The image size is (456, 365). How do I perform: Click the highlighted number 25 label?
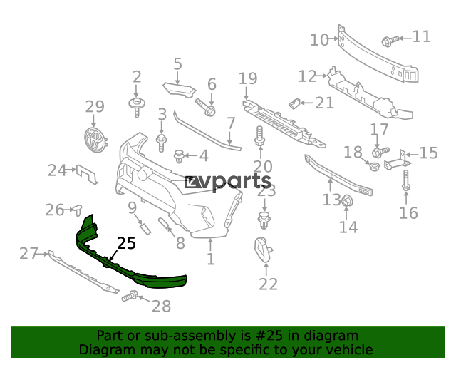tap(126, 243)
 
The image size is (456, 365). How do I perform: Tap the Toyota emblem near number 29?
tap(95, 140)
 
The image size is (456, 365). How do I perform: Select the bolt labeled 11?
tap(390, 41)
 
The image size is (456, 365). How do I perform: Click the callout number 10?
tap(319, 40)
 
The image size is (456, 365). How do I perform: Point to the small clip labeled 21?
tap(294, 103)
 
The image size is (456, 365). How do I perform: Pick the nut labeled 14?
tap(346, 201)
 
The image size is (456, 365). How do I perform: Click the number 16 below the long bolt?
tap(408, 213)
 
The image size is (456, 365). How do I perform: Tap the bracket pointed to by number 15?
tap(397, 160)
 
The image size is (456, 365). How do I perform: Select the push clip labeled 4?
tap(179, 156)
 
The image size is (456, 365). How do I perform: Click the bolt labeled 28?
tap(130, 296)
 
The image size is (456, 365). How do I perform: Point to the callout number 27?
tap(28, 254)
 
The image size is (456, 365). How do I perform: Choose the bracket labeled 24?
tap(87, 174)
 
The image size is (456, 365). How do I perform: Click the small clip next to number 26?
tap(78, 210)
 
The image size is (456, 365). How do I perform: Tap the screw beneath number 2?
tap(137, 108)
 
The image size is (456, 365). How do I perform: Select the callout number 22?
tap(268, 284)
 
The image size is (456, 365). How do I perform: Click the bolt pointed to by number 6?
tap(206, 108)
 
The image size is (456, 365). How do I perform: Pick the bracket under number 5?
tap(179, 90)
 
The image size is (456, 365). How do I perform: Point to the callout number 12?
tap(307, 76)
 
